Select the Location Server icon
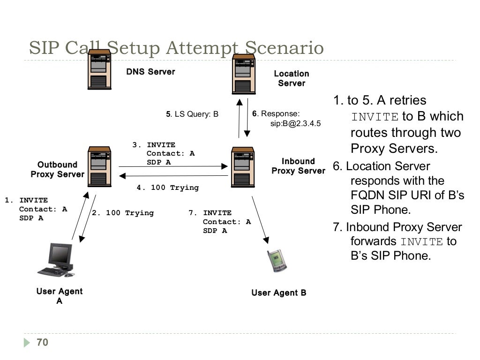click(243, 74)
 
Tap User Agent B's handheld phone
click(276, 261)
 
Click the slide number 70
click(42, 343)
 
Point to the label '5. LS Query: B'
click(192, 114)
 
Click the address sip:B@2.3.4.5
click(295, 124)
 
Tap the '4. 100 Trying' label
click(168, 187)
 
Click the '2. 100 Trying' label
click(123, 213)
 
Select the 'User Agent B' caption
click(278, 293)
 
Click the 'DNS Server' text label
click(150, 72)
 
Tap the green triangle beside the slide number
click(27, 343)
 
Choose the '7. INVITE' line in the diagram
click(210, 213)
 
